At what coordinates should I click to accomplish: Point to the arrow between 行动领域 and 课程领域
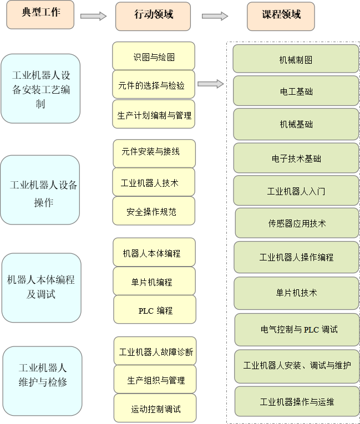coord(215,16)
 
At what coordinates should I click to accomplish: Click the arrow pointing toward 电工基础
coord(211,84)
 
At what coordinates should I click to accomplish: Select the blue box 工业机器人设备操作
coord(40,190)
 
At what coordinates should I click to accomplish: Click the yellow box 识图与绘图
coord(154,56)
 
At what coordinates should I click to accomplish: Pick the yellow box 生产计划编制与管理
coord(154,115)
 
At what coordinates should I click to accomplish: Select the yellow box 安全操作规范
coord(154,211)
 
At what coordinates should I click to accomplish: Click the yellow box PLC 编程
coord(155,310)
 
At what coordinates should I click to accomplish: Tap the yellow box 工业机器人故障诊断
coord(155,351)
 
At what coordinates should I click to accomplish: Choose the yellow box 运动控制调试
coord(155,409)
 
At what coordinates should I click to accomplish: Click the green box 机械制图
coord(296,59)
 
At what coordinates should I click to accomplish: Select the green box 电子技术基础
coord(296,159)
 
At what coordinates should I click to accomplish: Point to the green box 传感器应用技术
coord(297,223)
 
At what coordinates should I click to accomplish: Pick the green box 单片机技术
coord(296,292)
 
